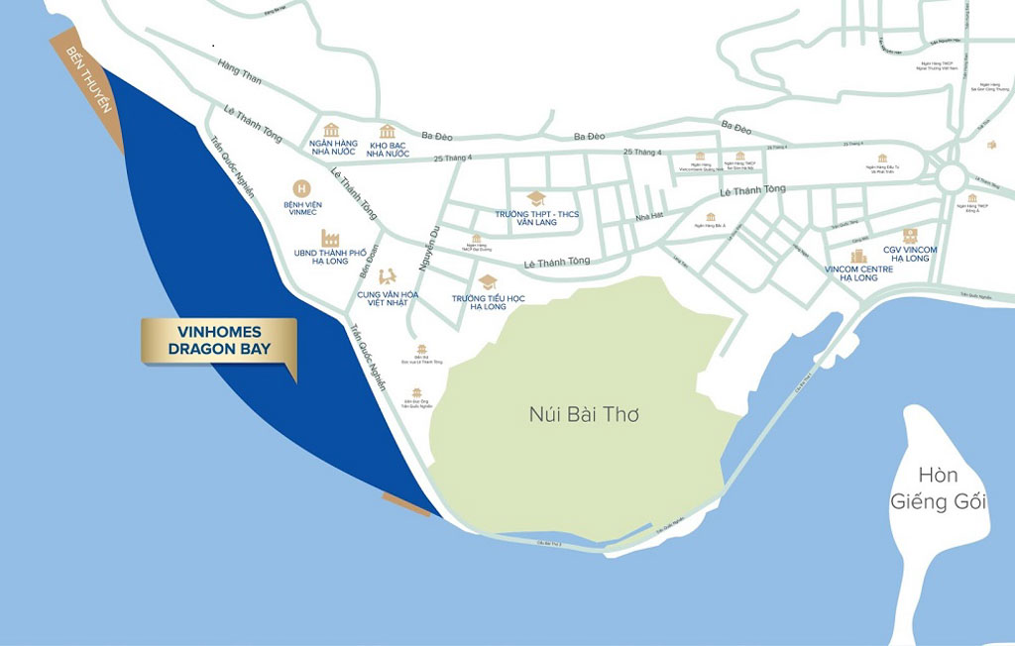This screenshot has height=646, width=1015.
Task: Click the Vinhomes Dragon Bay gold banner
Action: click(x=218, y=343)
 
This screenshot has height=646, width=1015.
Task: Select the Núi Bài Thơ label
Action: click(x=584, y=414)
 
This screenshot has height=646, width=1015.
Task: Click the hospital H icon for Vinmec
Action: click(x=301, y=187)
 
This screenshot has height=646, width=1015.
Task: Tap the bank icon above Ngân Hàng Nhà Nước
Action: click(x=331, y=131)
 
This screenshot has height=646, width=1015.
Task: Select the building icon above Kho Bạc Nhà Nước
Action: click(x=387, y=132)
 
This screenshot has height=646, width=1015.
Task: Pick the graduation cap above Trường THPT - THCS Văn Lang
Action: click(x=536, y=198)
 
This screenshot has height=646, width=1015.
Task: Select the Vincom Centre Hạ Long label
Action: click(x=858, y=273)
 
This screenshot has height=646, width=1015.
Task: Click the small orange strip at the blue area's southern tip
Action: click(x=407, y=503)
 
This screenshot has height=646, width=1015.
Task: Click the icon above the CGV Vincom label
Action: click(x=909, y=236)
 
